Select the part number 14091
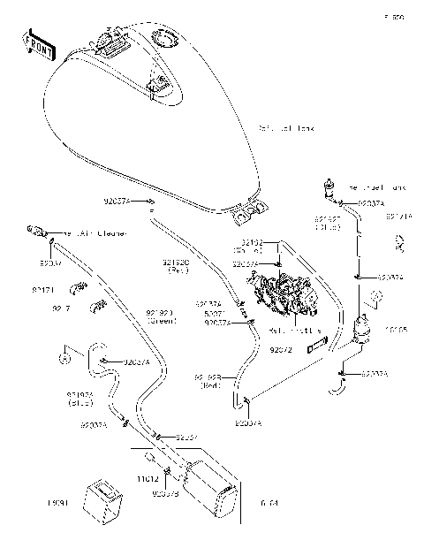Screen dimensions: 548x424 33,503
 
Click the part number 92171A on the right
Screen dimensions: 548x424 399,217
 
